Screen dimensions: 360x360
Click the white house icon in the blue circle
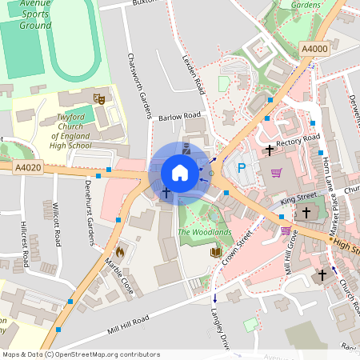point(180,172)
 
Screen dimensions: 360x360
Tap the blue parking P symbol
point(242,169)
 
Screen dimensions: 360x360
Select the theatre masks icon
point(99,98)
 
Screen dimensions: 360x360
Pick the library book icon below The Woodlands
point(215,252)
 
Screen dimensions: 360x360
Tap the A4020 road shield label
point(28,167)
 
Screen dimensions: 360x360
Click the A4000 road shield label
point(314,50)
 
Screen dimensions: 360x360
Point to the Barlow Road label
point(179,117)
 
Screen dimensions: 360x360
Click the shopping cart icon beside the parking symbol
point(276,172)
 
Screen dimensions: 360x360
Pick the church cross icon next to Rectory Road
point(270,150)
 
